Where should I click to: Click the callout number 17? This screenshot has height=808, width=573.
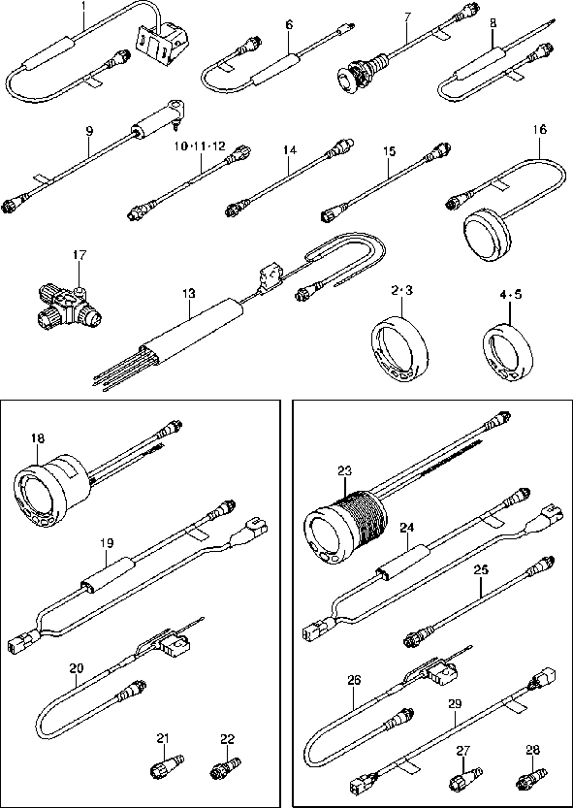pyautogui.click(x=80, y=255)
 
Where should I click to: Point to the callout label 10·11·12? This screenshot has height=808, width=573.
pyautogui.click(x=201, y=145)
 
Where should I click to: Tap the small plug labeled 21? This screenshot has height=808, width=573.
pyautogui.click(x=162, y=770)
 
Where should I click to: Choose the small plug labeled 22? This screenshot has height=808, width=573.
pyautogui.click(x=221, y=771)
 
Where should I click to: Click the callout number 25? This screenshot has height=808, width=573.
pyautogui.click(x=481, y=570)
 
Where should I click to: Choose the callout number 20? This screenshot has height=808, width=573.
pyautogui.click(x=78, y=667)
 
